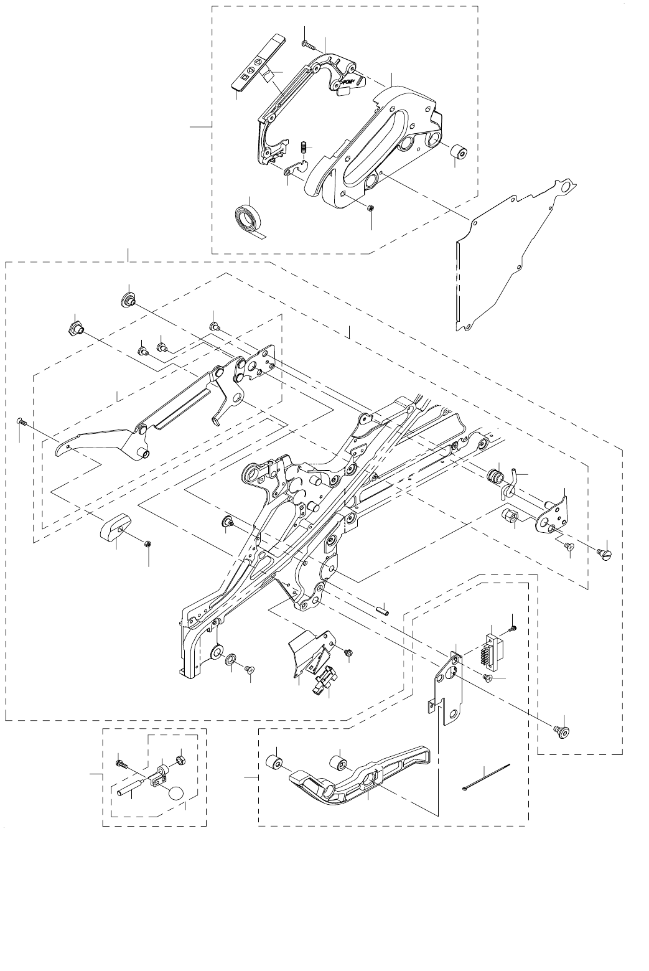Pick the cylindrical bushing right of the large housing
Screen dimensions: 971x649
(459, 152)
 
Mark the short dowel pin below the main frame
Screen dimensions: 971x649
(382, 609)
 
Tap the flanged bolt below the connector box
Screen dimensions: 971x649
(563, 732)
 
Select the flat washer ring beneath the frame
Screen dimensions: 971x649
(230, 659)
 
